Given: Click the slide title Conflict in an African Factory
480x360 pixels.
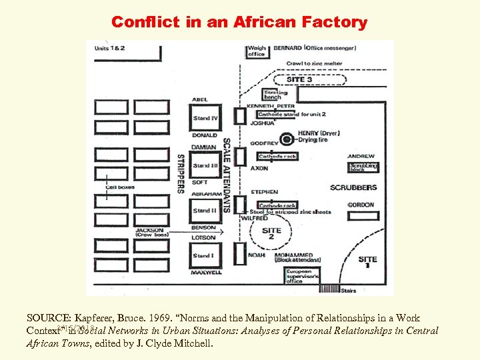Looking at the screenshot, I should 239,22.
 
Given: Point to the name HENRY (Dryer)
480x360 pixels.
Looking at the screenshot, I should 319,133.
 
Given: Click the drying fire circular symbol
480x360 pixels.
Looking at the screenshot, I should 287,139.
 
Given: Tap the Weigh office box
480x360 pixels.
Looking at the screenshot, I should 257,52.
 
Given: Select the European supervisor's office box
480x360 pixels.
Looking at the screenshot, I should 303,276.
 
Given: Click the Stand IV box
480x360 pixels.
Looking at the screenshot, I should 206,119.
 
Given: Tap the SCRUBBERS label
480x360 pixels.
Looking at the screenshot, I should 353,188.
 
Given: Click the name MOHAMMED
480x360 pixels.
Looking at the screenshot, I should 296,255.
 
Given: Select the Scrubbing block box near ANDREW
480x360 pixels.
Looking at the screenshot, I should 363,167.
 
